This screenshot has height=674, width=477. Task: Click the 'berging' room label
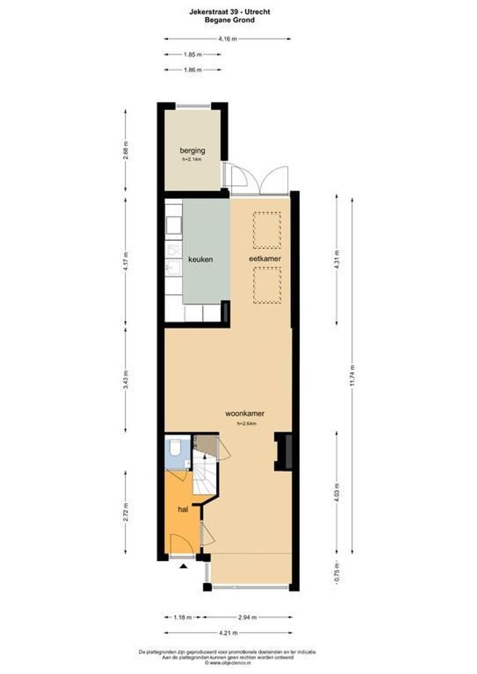(192, 150)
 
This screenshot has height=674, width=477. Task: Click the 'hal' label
(183, 509)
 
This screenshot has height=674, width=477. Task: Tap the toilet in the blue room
(175, 447)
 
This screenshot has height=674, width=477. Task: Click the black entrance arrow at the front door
(184, 566)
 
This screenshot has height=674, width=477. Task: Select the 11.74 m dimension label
(353, 375)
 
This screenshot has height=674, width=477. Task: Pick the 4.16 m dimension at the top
(227, 39)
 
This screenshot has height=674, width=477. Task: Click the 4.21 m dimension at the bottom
(227, 633)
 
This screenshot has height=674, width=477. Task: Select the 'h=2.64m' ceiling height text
(247, 424)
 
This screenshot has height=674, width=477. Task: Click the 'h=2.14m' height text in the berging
(192, 160)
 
